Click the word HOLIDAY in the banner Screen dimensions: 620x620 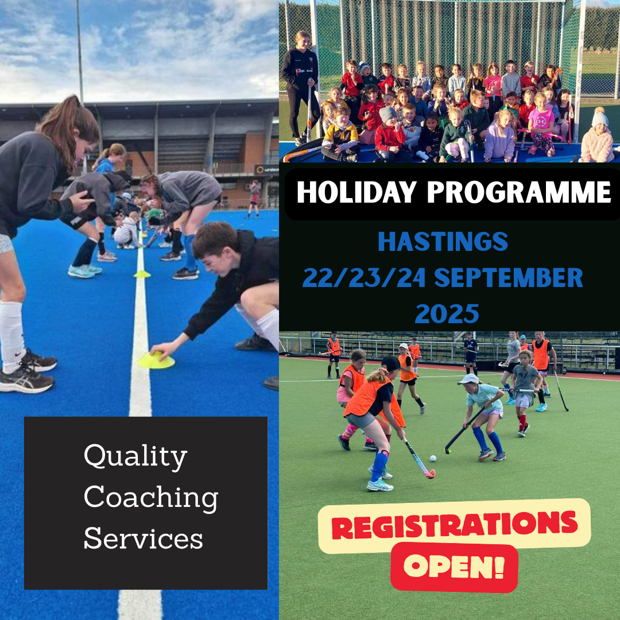pyautogui.click(x=356, y=192)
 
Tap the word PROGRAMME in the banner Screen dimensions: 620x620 pyautogui.click(x=519, y=192)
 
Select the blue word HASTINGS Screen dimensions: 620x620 pyautogui.click(x=443, y=242)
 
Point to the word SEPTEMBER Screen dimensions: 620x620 pyautogui.click(x=509, y=278)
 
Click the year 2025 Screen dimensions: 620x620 pyautogui.click(x=447, y=315)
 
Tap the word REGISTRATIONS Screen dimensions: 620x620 pyautogui.click(x=454, y=525)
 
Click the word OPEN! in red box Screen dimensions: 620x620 pyautogui.click(x=454, y=566)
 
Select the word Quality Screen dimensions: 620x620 pyautogui.click(x=135, y=457)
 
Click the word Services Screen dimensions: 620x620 pyautogui.click(x=143, y=538)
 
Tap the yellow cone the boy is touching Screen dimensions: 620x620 pyautogui.click(x=156, y=360)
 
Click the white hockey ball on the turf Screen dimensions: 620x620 pyautogui.click(x=433, y=458)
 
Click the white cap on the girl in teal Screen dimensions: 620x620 pyautogui.click(x=468, y=379)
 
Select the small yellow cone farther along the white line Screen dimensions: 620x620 pyautogui.click(x=142, y=274)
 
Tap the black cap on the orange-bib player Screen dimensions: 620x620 pyautogui.click(x=392, y=363)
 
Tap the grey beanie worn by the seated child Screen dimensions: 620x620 pyautogui.click(x=387, y=114)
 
